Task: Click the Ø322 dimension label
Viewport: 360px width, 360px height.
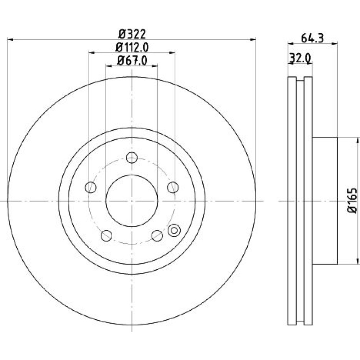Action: tap(132, 35)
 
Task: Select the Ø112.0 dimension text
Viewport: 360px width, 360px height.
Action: tap(132, 48)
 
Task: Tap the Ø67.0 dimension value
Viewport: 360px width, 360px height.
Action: tap(132, 61)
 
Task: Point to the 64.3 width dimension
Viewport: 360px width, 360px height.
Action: tap(312, 38)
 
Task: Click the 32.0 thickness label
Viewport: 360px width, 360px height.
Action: tap(300, 58)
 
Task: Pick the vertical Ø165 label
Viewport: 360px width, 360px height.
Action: tap(352, 201)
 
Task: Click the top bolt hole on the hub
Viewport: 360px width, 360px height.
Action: tap(132, 158)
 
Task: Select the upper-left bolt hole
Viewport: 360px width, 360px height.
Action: tap(91, 187)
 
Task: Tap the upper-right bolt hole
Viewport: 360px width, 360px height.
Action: tap(173, 187)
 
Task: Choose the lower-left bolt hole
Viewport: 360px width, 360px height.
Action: tap(107, 235)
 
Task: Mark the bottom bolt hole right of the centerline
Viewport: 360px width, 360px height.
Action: tap(157, 235)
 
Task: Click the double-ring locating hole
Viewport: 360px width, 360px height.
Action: tap(174, 230)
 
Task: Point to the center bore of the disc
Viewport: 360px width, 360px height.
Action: tap(132, 201)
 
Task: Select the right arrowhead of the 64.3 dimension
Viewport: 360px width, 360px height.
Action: tap(334, 43)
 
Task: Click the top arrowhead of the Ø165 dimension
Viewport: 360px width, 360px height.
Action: tap(357, 140)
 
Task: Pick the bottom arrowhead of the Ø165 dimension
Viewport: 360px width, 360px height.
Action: tap(357, 261)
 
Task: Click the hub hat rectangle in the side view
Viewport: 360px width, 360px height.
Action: tap(325, 201)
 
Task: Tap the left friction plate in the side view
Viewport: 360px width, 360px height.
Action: tap(292, 201)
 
